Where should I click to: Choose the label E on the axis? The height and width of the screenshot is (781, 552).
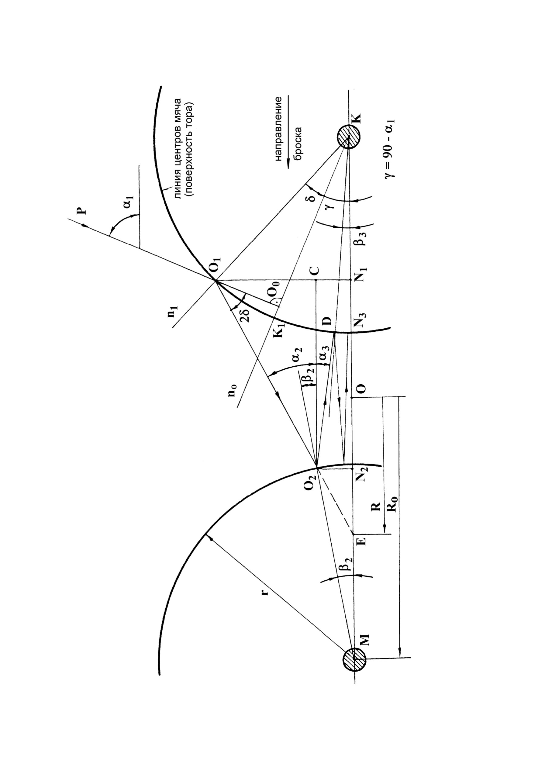click(x=363, y=541)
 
